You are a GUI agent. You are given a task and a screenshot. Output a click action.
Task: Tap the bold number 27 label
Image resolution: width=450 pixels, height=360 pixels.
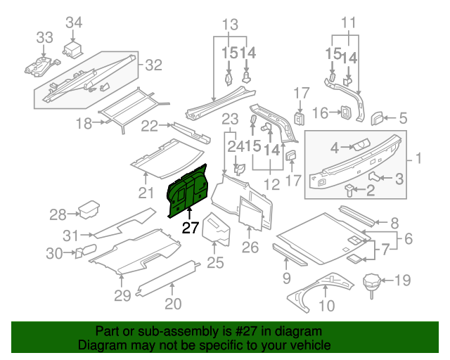pyautogui.click(x=191, y=227)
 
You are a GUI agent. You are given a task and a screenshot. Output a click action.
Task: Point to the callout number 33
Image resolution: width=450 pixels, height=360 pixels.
pyautogui.click(x=44, y=37)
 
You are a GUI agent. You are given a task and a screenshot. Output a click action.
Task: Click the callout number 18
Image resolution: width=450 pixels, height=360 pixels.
pyautogui.click(x=84, y=124)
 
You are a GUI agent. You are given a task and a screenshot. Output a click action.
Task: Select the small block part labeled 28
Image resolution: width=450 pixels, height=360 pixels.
pyautogui.click(x=89, y=210)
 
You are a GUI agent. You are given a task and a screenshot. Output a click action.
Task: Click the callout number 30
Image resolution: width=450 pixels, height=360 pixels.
pyautogui.click(x=55, y=252)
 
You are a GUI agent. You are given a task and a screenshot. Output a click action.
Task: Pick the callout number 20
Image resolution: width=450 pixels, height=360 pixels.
pyautogui.click(x=173, y=304)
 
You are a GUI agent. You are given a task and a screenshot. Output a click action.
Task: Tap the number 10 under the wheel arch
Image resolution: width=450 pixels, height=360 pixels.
pyautogui.click(x=327, y=305)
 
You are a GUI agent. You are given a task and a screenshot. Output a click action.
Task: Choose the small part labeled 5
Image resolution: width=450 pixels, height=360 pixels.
pyautogui.click(x=378, y=117)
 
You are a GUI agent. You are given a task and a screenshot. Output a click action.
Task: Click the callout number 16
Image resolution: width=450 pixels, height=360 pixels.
pyautogui.click(x=320, y=112)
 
